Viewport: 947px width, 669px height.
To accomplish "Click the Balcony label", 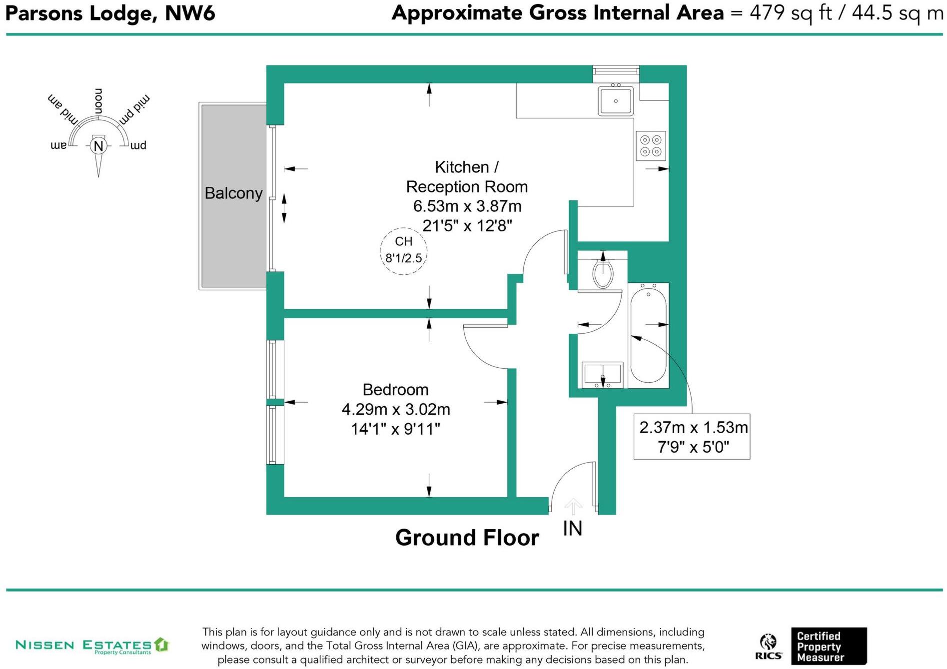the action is coord(233,193).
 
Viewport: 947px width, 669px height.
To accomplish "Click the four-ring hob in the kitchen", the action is coord(651,146).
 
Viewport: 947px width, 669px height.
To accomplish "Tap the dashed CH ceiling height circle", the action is coord(404,251).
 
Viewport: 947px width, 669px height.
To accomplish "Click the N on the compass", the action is coord(98,146).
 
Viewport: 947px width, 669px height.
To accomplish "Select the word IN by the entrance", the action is coord(573,528).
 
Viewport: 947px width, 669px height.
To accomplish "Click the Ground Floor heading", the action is coord(467,538).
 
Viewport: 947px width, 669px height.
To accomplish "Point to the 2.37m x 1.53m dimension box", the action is coord(692,437).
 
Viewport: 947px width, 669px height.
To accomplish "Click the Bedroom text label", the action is coord(396,389).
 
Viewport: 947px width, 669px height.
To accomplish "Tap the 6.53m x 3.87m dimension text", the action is coord(467,206).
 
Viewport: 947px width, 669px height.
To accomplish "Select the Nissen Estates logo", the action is coord(92,645).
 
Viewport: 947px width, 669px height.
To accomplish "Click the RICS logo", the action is coord(769,647).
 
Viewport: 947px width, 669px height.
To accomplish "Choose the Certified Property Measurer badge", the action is coord(829,646).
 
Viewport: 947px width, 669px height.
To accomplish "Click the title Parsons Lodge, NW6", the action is coord(110,13).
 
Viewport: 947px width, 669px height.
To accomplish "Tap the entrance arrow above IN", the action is coord(573,506).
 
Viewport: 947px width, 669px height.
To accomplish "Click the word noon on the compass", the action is coord(98,101).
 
